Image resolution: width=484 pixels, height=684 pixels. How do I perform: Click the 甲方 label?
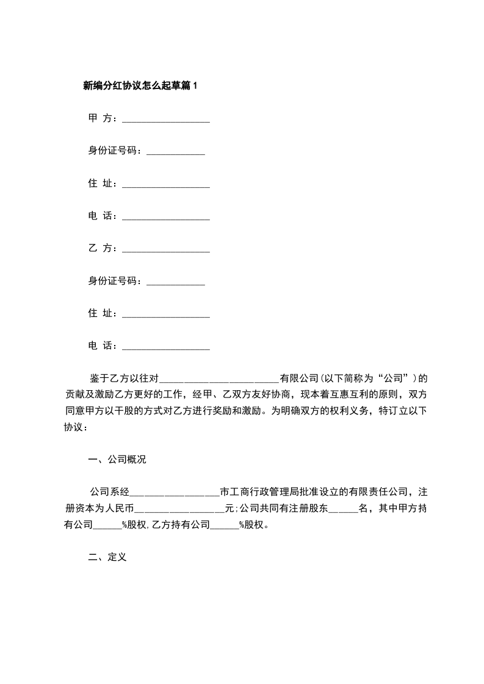[103, 118]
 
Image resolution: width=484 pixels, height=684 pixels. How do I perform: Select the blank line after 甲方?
[166, 120]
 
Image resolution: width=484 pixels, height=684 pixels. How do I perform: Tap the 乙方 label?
[103, 248]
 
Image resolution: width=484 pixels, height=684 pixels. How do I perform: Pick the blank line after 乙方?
[166, 250]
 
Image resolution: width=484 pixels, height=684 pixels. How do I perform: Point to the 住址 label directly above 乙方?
[103, 183]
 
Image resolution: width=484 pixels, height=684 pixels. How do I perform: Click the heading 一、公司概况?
[118, 460]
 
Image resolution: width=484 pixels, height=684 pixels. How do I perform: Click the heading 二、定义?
[107, 558]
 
